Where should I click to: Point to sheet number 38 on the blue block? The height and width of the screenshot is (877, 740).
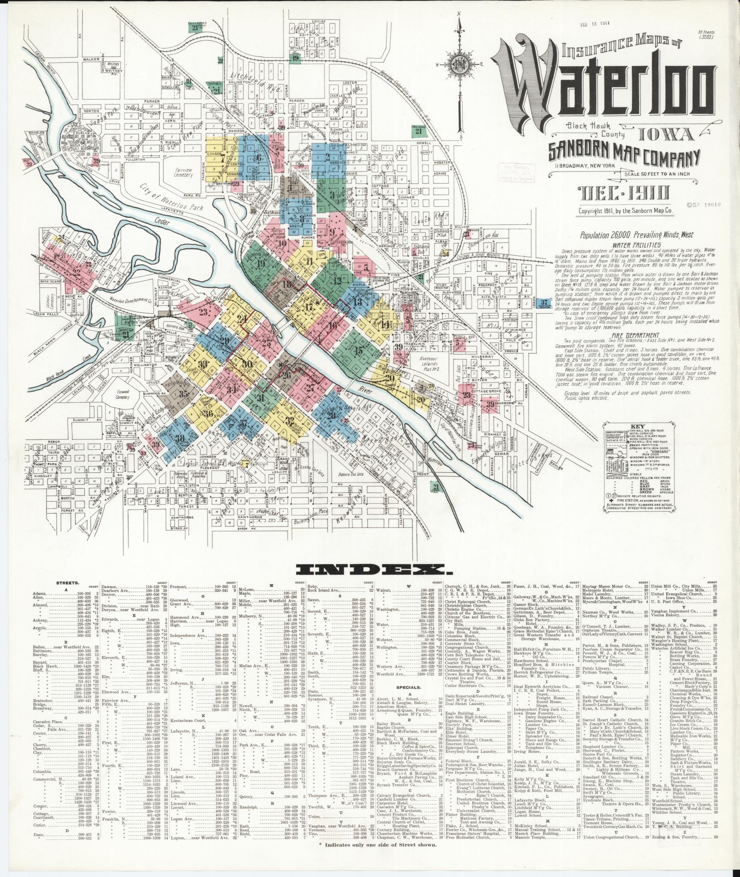180,438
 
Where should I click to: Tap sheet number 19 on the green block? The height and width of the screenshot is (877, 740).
262,263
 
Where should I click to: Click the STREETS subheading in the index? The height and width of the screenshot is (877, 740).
67,583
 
